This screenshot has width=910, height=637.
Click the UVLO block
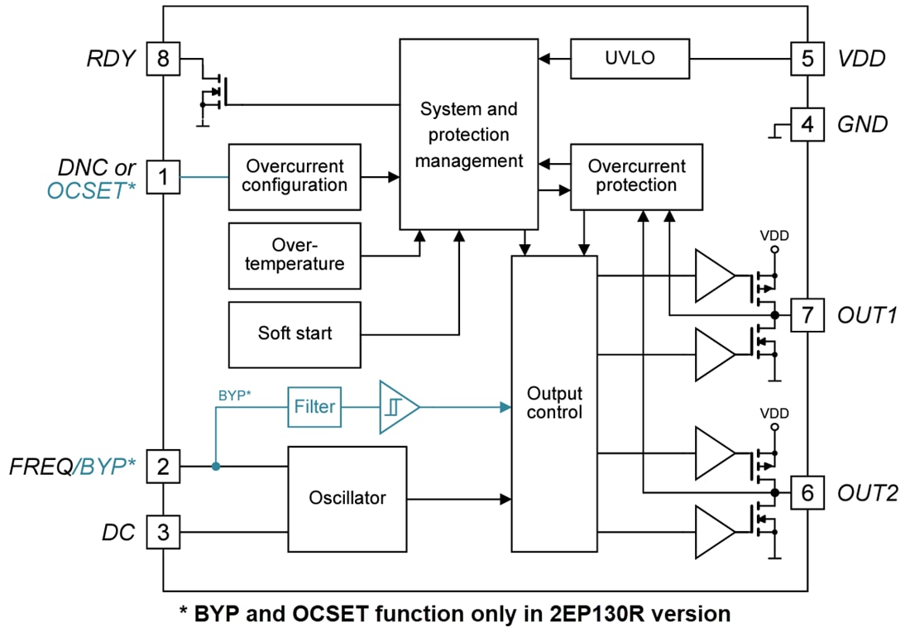pyautogui.click(x=630, y=59)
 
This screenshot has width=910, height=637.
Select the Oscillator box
pyautogui.click(x=347, y=498)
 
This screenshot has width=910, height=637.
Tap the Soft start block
pyautogui.click(x=295, y=334)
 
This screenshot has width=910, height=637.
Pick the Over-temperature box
pyautogui.click(x=295, y=255)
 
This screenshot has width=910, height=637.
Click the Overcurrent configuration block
pyautogui.click(x=295, y=175)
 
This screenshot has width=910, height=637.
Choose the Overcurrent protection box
pyautogui.click(x=636, y=176)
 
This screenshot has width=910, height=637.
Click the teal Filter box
pyautogui.click(x=314, y=406)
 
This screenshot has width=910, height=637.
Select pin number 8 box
pyautogui.click(x=162, y=59)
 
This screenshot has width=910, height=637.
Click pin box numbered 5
pyautogui.click(x=807, y=59)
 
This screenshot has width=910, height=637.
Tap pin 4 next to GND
pyautogui.click(x=807, y=125)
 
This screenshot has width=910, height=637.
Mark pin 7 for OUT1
pyautogui.click(x=807, y=314)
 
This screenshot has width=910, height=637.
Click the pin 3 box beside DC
pyautogui.click(x=162, y=532)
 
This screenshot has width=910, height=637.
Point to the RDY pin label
pyautogui.click(x=110, y=59)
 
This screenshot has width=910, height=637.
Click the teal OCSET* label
pyautogui.click(x=91, y=191)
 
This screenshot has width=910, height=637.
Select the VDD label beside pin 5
pyautogui.click(x=861, y=59)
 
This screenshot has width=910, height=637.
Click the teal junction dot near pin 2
pyautogui.click(x=215, y=467)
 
